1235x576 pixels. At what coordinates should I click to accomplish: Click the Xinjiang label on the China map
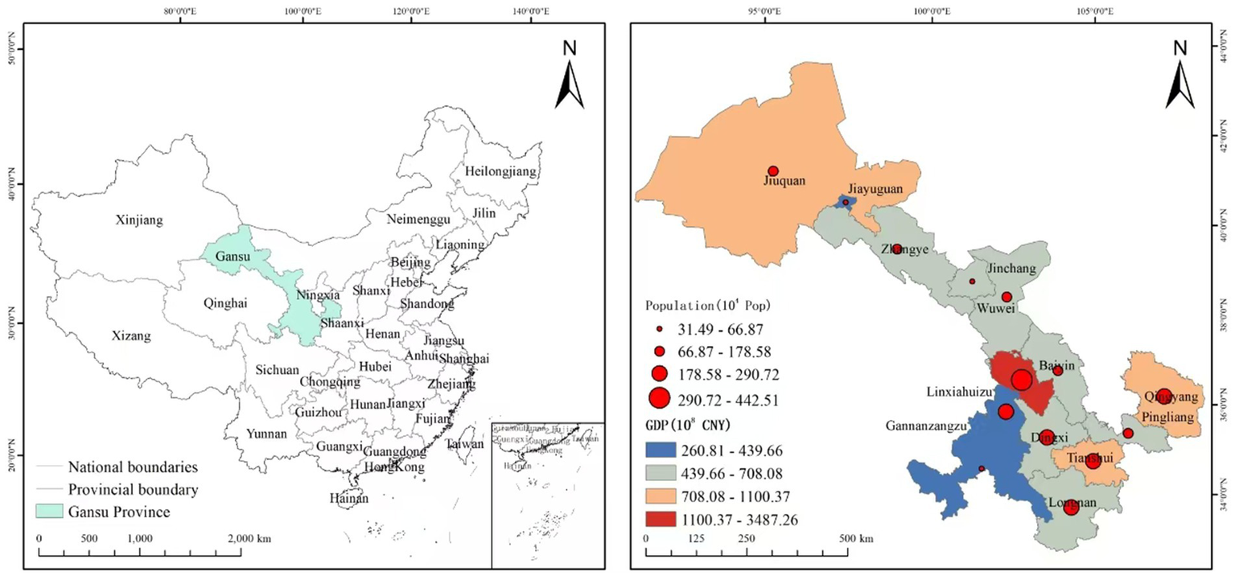pyautogui.click(x=139, y=220)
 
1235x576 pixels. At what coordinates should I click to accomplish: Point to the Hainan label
pyautogui.click(x=348, y=499)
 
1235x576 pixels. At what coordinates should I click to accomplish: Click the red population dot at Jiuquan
pyautogui.click(x=773, y=171)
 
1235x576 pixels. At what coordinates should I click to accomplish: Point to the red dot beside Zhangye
pyautogui.click(x=897, y=249)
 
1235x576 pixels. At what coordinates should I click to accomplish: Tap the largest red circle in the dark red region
pyautogui.click(x=1022, y=380)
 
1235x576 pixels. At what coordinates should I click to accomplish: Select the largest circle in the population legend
pyautogui.click(x=660, y=397)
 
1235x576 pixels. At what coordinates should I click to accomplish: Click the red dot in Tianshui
pyautogui.click(x=1093, y=461)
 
